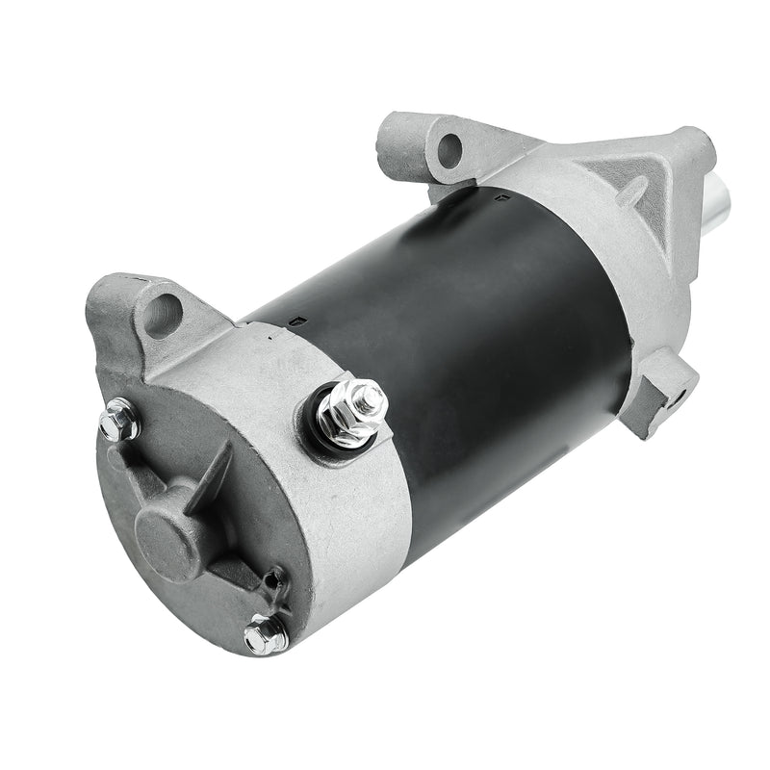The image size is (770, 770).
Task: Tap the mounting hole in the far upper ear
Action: (x=449, y=146)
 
